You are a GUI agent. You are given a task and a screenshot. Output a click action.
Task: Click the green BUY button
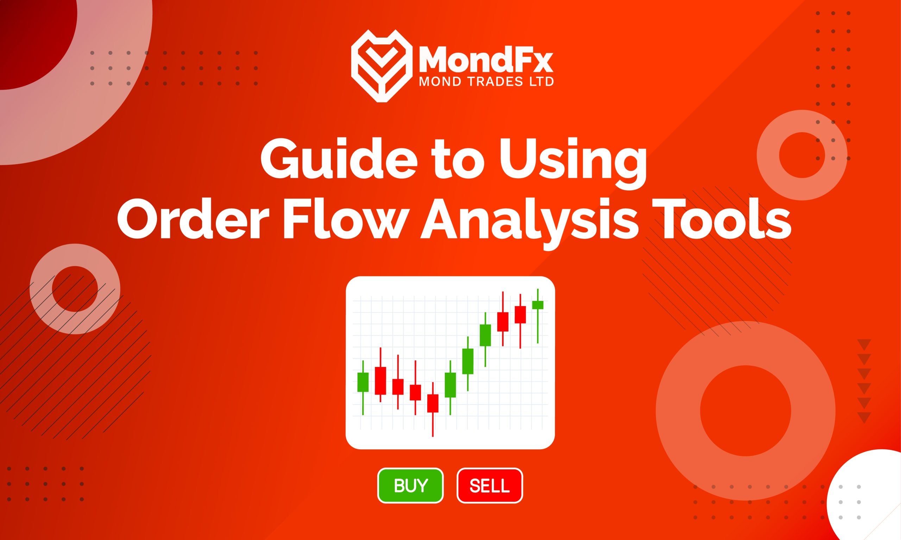tap(410, 486)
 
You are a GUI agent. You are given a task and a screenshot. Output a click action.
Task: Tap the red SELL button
tap(490, 486)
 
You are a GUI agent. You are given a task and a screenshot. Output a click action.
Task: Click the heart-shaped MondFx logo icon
tap(379, 65)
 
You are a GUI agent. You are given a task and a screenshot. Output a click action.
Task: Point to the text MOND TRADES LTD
tap(486, 82)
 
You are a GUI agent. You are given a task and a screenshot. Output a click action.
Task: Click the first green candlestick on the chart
tap(363, 382)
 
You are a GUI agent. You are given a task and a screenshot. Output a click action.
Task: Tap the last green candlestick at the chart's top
tap(537, 304)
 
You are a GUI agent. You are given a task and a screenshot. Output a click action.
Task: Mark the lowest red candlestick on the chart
tap(433, 403)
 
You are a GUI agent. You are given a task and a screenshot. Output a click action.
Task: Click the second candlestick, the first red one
tap(380, 381)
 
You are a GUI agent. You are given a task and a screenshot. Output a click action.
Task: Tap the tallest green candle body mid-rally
tap(468, 361)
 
